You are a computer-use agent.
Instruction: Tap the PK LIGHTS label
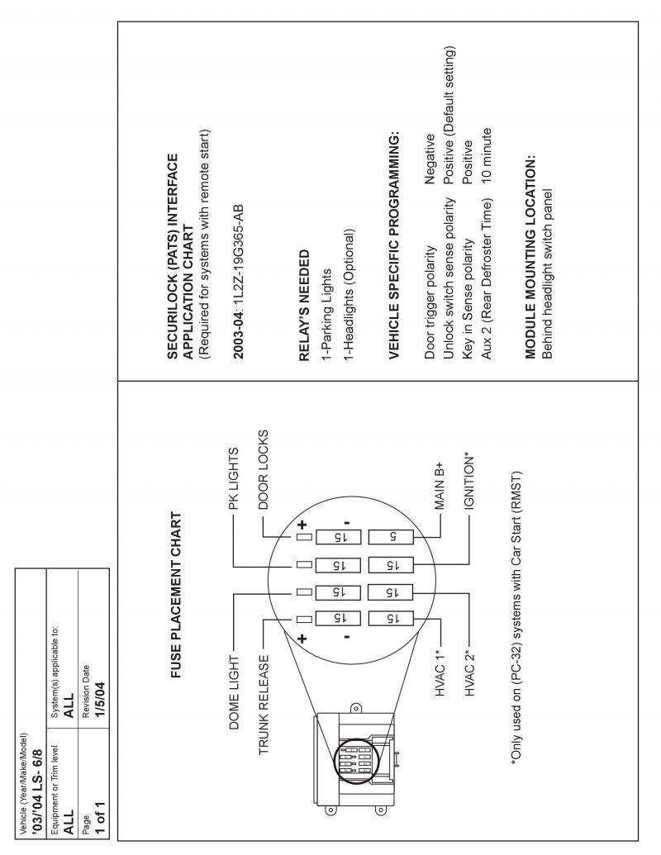(233, 479)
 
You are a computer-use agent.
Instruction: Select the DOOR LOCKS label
(264, 463)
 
